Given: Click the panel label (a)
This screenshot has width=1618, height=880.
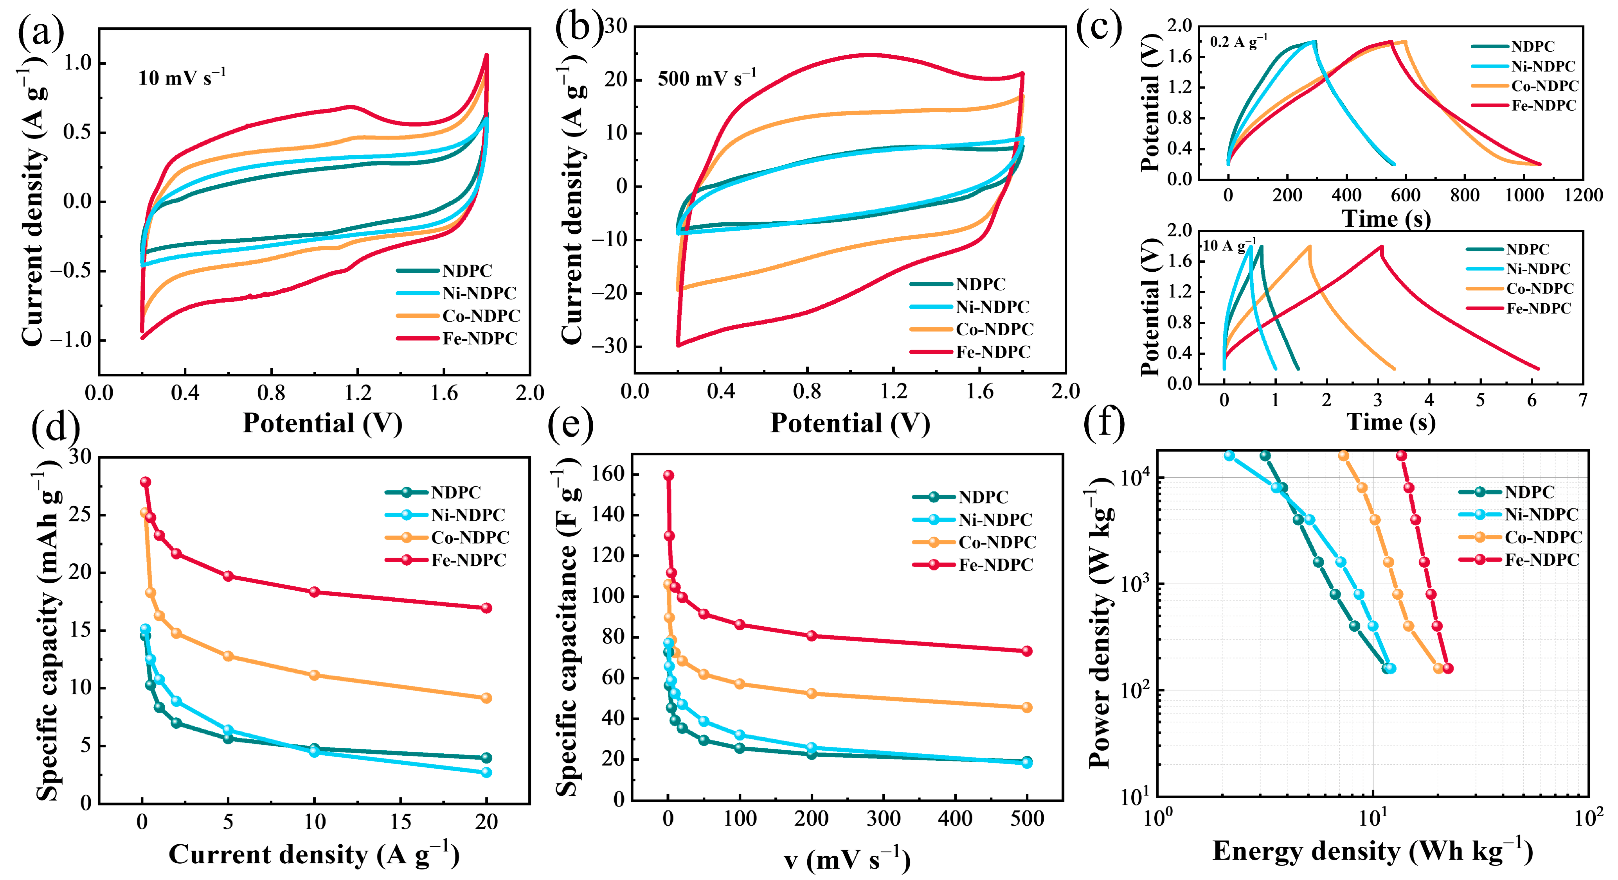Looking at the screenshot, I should [40, 32].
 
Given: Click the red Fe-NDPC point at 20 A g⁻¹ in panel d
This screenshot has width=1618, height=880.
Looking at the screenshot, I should [486, 608].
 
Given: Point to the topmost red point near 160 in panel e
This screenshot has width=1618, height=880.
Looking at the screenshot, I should [668, 475].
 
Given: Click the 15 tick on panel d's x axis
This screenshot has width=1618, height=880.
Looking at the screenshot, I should [400, 822].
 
